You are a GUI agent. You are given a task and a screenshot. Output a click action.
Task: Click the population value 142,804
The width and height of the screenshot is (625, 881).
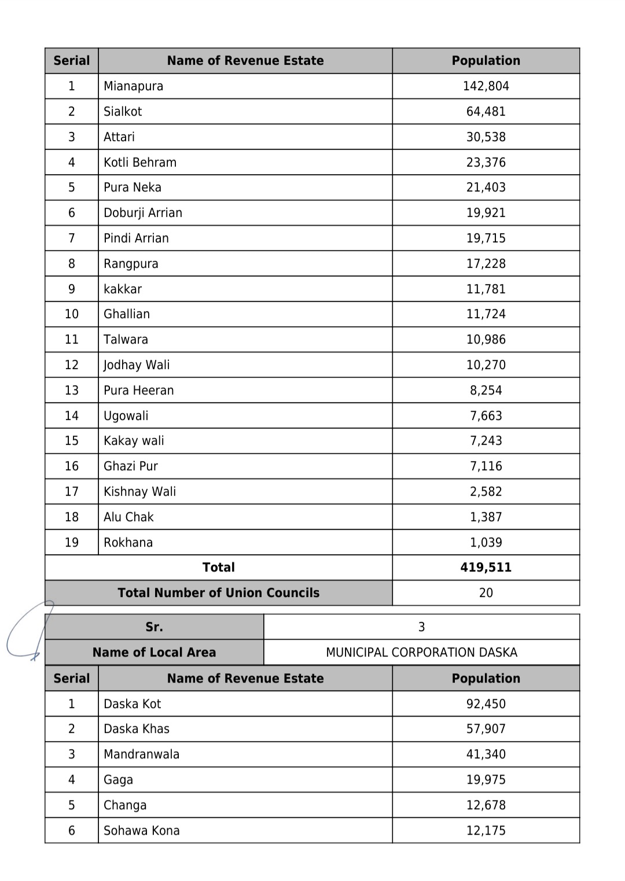(486, 86)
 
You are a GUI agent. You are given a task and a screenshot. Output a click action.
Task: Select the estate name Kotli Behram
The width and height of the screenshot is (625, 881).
(140, 163)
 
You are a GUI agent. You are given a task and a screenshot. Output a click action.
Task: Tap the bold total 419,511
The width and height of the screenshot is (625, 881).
(486, 567)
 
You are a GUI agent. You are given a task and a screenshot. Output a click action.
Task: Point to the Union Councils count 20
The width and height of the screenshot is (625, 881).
(486, 593)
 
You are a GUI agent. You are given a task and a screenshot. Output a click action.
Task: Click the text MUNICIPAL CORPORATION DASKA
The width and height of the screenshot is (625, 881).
(421, 653)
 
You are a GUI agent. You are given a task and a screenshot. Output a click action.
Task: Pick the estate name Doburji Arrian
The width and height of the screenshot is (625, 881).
(143, 213)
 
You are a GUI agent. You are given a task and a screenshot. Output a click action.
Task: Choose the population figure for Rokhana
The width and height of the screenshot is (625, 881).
(486, 543)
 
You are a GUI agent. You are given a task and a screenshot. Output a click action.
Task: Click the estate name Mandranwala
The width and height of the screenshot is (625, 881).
(141, 754)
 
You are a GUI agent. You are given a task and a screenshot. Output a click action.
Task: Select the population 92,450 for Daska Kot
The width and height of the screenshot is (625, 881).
(486, 704)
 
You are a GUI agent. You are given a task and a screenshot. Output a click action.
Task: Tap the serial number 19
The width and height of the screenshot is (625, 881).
(72, 543)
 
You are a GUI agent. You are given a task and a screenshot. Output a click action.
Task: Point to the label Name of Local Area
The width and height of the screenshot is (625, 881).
(154, 653)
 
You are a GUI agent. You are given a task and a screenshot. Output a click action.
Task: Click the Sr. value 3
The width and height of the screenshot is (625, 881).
(421, 627)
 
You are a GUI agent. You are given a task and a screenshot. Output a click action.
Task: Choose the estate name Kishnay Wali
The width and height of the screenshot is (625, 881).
(139, 492)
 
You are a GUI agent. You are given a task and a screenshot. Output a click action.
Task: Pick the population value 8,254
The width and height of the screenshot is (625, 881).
(486, 390)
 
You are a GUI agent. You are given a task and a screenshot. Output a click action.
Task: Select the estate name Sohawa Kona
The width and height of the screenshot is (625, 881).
(142, 831)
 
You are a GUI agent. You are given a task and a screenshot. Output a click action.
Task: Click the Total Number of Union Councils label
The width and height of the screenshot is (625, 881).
(218, 593)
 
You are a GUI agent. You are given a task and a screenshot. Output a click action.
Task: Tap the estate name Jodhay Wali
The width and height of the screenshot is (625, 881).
(137, 365)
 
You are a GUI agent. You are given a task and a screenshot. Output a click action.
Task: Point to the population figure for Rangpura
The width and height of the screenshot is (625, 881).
(486, 264)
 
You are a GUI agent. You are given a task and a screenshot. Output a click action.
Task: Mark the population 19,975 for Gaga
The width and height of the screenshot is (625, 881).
(486, 780)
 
